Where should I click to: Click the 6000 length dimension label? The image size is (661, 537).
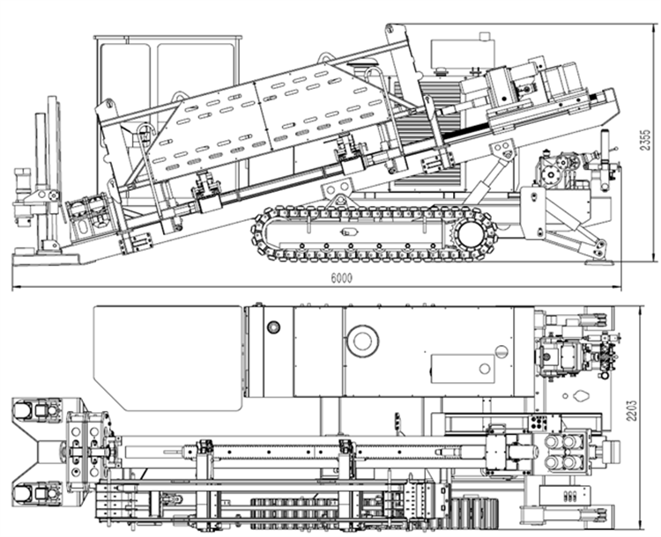point(341,278)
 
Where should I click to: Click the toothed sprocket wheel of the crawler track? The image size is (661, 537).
point(471,234)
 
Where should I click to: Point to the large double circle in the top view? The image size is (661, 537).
point(362,341)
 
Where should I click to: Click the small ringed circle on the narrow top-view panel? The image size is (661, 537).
point(273,327)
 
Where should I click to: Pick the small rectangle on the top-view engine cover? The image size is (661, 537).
point(462,368)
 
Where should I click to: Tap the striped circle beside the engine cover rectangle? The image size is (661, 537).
point(501,352)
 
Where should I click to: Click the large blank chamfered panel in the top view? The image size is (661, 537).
point(167,357)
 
